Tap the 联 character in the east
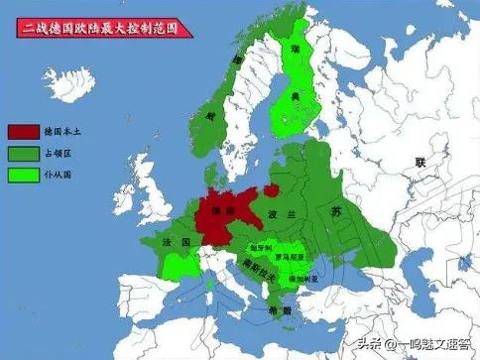(x=419, y=161)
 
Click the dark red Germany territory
(x=222, y=213)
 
